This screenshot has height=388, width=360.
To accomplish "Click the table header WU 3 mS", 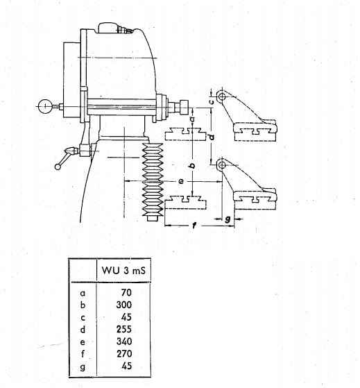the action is tap(123, 271).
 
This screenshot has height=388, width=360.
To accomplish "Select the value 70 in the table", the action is tap(126, 293).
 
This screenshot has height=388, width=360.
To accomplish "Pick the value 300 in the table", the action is tap(124, 305).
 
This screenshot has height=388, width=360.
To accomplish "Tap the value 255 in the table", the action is tap(124, 329).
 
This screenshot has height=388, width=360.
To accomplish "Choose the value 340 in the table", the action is tap(124, 341).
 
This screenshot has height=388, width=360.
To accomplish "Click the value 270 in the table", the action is tap(124, 354).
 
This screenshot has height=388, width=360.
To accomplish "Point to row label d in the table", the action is tap(83, 330).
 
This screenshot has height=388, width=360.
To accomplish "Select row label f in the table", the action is tap(83, 354).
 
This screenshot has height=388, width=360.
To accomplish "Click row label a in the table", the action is tap(83, 294).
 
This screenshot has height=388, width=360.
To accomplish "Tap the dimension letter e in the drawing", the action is tap(181, 181).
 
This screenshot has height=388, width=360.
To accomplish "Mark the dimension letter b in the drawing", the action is tap(193, 165).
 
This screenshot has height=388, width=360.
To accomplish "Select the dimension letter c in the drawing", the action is tap(212, 101).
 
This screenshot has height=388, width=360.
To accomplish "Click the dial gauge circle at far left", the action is tap(46, 106).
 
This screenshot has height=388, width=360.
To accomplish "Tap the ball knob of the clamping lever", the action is tap(58, 167).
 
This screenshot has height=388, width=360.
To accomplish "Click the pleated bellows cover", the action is tap(153, 180).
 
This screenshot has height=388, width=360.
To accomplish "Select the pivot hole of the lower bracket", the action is tap(222, 165).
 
